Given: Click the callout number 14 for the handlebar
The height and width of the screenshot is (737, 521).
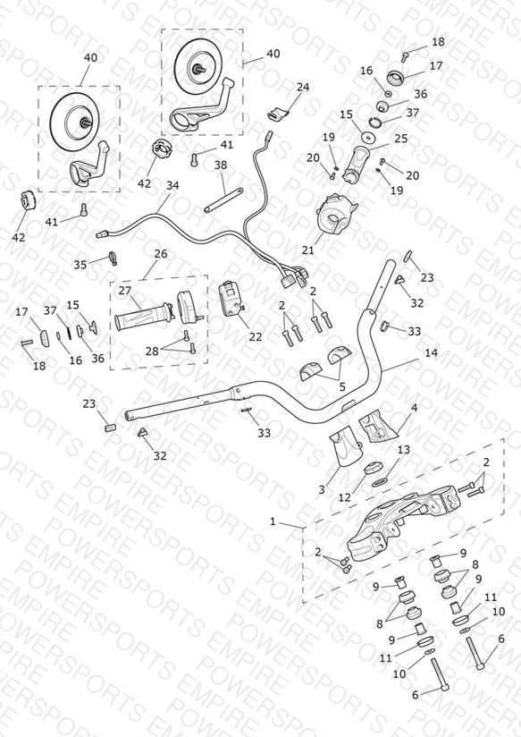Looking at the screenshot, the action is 431,352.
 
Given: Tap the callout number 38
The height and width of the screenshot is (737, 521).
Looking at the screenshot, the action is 221,165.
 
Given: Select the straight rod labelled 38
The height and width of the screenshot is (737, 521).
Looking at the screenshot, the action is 223,199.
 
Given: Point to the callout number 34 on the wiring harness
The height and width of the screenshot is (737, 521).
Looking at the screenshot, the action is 172,186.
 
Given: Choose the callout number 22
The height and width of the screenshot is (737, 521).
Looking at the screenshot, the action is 256,337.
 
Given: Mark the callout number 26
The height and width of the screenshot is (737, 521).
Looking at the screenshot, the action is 161,254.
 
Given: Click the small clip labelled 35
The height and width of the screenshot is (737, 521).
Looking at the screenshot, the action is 113,258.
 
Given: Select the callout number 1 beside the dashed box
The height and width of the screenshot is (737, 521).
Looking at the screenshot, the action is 273,521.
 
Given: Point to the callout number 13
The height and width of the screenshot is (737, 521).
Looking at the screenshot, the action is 404,450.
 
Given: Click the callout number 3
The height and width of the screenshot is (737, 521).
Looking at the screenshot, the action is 322,490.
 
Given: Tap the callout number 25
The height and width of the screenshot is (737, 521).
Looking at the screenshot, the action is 400,139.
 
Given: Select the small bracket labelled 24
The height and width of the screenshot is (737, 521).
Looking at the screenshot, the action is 278,113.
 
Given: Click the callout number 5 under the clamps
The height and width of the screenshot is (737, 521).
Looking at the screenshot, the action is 342,386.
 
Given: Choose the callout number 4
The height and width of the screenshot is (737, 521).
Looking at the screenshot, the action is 414,408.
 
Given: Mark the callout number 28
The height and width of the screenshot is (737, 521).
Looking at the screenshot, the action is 152,352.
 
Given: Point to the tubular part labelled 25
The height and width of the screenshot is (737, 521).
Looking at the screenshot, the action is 357,164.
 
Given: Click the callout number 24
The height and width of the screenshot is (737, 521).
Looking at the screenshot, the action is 303,88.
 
